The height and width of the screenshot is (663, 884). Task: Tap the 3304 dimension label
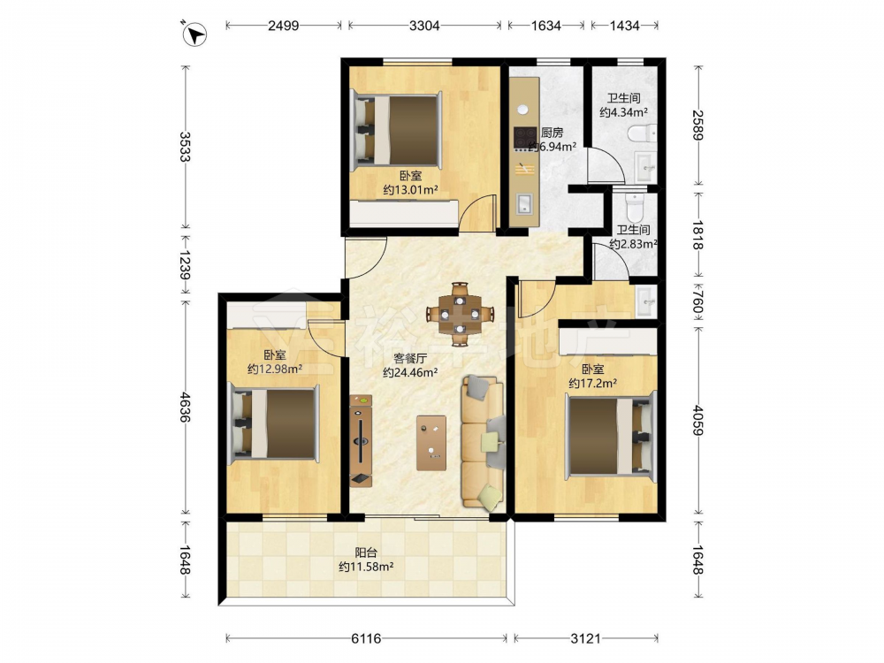(x=424, y=26)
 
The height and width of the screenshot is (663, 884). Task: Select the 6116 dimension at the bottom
(x=367, y=639)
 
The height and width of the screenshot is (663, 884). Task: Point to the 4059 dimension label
(x=698, y=421)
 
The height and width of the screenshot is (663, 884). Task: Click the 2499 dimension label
(x=284, y=26)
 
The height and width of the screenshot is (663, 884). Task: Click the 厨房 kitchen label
(x=552, y=133)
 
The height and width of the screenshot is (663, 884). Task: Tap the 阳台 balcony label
(x=366, y=553)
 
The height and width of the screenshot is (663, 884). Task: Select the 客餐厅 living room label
(x=410, y=358)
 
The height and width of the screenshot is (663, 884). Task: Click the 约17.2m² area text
(x=592, y=384)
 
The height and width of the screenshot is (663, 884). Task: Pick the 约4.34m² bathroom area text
(x=623, y=112)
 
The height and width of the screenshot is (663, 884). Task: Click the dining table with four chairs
(x=460, y=314)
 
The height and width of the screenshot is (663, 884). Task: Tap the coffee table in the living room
(x=431, y=443)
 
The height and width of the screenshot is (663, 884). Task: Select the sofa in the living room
(x=484, y=444)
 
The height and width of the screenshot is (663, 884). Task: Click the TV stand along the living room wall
(x=361, y=440)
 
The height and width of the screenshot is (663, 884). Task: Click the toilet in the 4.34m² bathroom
(x=642, y=134)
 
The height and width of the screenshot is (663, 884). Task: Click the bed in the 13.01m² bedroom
(x=395, y=130)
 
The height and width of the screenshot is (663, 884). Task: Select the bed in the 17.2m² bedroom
(x=611, y=436)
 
